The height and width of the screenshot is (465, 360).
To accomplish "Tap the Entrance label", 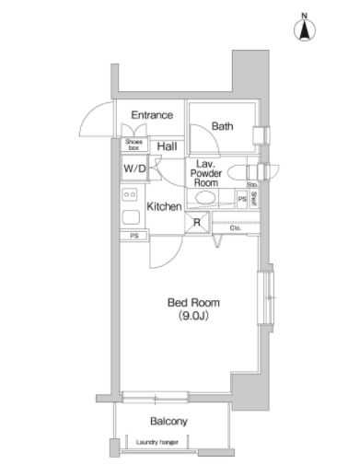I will click(152, 115).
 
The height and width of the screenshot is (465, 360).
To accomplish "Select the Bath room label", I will click(222, 126).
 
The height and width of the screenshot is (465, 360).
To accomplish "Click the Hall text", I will click(167, 146).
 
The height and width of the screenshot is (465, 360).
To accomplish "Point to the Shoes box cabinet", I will click(134, 145).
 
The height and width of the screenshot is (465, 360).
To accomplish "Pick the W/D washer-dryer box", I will click(134, 169).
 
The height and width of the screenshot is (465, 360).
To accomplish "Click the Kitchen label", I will click(164, 207).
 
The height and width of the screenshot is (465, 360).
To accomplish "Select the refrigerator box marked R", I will click(196, 222).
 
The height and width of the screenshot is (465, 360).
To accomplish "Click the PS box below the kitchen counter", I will click(134, 236).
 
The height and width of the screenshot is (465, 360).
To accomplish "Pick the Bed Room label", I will click(192, 302).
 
